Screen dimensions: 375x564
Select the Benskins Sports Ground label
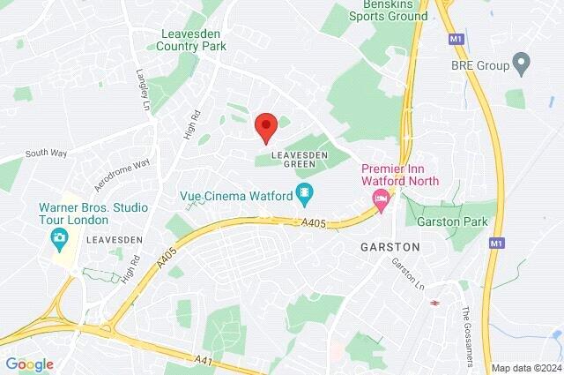pyautogui.click(x=389, y=10)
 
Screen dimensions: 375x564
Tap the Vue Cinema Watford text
pyautogui.click(x=235, y=191)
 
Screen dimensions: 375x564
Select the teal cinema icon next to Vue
pyautogui.click(x=304, y=191)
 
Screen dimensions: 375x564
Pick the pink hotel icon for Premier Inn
pyautogui.click(x=381, y=200)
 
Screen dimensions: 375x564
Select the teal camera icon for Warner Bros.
pyautogui.click(x=59, y=236)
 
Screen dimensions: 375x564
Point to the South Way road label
pyautogui.click(x=46, y=153)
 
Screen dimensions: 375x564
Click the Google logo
pyautogui.click(x=29, y=364)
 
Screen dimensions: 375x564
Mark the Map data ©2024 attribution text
pyautogui.click(x=525, y=368)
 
